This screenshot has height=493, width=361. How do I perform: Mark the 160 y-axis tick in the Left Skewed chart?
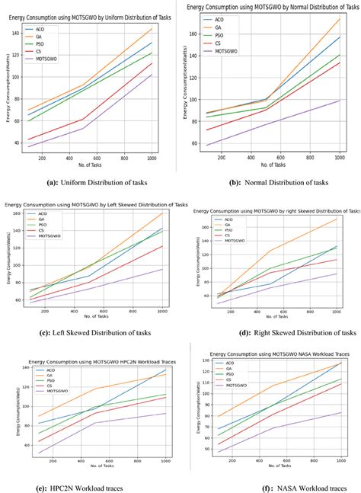point(16,213)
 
